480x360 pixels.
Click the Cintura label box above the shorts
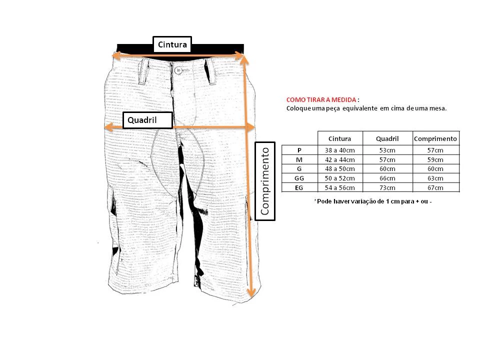[172, 44]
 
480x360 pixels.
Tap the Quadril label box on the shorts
[148, 120]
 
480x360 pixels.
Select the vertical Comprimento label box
[265, 181]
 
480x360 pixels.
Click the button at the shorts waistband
[178, 70]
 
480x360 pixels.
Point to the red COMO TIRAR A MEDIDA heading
[321, 100]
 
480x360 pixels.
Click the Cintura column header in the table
[340, 138]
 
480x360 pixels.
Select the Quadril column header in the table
[387, 138]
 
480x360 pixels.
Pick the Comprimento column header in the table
[435, 138]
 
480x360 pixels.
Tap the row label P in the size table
[299, 150]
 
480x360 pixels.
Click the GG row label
[299, 178]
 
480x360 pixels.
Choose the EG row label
[299, 187]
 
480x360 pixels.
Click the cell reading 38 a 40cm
[340, 150]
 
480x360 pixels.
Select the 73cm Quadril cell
[387, 187]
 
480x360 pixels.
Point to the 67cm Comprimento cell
[435, 187]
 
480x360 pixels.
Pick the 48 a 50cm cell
[340, 168]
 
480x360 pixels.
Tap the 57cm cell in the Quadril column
[387, 159]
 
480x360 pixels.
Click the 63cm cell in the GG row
[435, 178]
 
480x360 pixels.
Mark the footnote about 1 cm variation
[373, 201]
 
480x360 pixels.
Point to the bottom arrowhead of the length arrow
[251, 293]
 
